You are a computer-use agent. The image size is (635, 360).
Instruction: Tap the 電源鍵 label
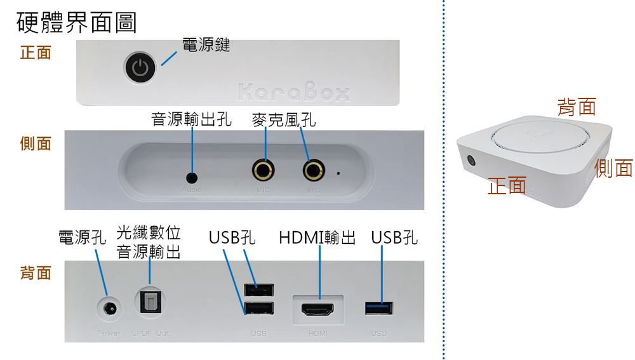click(x=205, y=45)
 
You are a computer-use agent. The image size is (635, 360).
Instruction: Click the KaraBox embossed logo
click(x=295, y=93)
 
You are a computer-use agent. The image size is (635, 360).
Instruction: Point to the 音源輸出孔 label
click(x=191, y=119)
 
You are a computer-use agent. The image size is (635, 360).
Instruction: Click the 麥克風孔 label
click(x=283, y=119)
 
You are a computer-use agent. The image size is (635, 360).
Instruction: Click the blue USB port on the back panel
click(x=379, y=309)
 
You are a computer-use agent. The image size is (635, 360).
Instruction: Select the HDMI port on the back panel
click(x=317, y=310)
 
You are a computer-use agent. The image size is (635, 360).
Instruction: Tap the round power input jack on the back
click(x=109, y=310)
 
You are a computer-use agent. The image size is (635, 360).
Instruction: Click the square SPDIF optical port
click(x=150, y=301)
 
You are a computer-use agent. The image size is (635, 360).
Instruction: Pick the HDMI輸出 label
click(x=317, y=238)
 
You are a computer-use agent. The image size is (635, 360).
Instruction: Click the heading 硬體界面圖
click(x=76, y=23)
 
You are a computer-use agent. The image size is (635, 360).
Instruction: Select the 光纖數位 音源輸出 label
click(x=149, y=242)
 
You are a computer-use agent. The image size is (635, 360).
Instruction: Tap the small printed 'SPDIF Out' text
click(x=150, y=333)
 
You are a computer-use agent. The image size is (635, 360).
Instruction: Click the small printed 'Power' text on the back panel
click(x=109, y=333)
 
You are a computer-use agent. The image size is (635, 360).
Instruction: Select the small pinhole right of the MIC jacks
click(x=338, y=172)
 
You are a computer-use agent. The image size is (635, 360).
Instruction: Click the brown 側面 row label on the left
click(x=36, y=143)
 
